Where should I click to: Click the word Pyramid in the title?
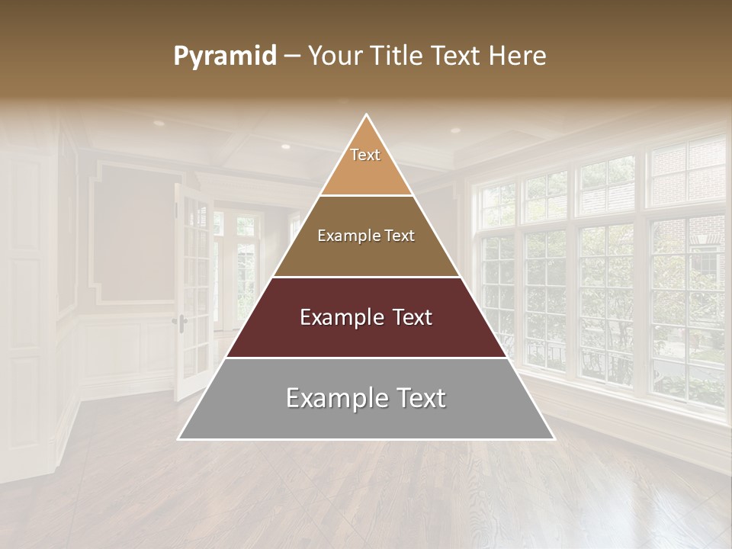pyautogui.click(x=224, y=56)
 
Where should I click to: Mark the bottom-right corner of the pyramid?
pyautogui.click(x=553, y=438)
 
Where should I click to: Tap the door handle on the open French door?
pyautogui.click(x=181, y=321)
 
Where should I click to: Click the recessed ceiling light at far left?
pyautogui.click(x=159, y=123)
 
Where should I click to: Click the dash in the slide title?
pyautogui.click(x=292, y=56)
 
